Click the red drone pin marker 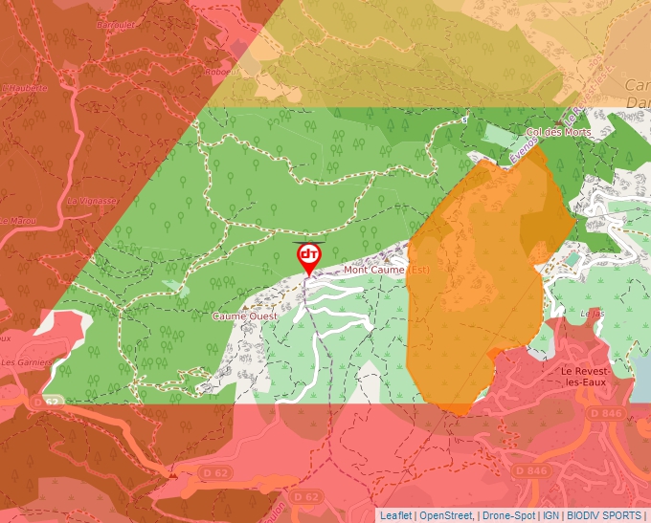(x=308, y=255)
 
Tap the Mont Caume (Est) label (x=388, y=270)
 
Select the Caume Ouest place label (x=245, y=316)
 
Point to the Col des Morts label (x=558, y=132)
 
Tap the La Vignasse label (x=92, y=201)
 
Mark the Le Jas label (x=594, y=313)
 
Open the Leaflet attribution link (x=395, y=515)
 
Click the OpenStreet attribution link (x=446, y=515)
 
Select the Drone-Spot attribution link (x=508, y=515)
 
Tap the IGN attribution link (x=551, y=515)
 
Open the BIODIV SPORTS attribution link (x=604, y=515)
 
